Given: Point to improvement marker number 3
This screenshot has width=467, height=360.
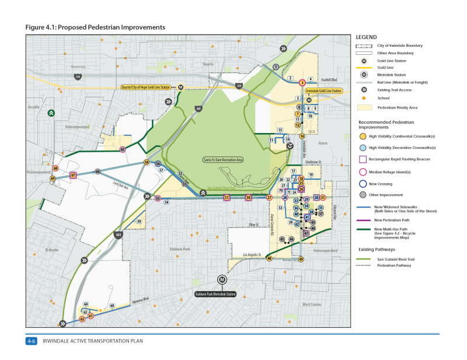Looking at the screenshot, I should (x=302, y=82).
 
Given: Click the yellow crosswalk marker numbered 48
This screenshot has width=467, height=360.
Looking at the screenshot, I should (x=269, y=258).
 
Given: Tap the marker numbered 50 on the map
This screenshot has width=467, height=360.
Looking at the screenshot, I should (x=249, y=198).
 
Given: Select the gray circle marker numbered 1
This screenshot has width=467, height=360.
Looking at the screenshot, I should (x=275, y=67).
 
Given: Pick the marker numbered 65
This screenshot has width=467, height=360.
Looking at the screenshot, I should (x=123, y=149).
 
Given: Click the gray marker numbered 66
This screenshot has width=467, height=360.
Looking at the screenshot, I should (x=97, y=171).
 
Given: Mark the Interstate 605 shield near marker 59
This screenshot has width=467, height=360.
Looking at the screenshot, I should (x=119, y=235).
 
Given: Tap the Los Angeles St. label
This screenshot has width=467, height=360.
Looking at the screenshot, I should (x=254, y=255).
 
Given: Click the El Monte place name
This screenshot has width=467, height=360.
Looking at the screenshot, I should (x=53, y=250).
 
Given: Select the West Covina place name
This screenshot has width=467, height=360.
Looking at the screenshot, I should (x=312, y=305).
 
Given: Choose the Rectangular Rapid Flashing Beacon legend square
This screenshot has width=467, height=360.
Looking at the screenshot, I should (x=363, y=159).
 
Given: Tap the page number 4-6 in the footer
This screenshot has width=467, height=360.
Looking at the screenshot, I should (x=31, y=341).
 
